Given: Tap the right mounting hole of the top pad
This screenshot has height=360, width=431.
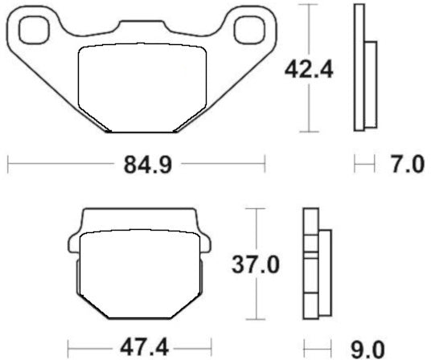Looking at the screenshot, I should [246, 32].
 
